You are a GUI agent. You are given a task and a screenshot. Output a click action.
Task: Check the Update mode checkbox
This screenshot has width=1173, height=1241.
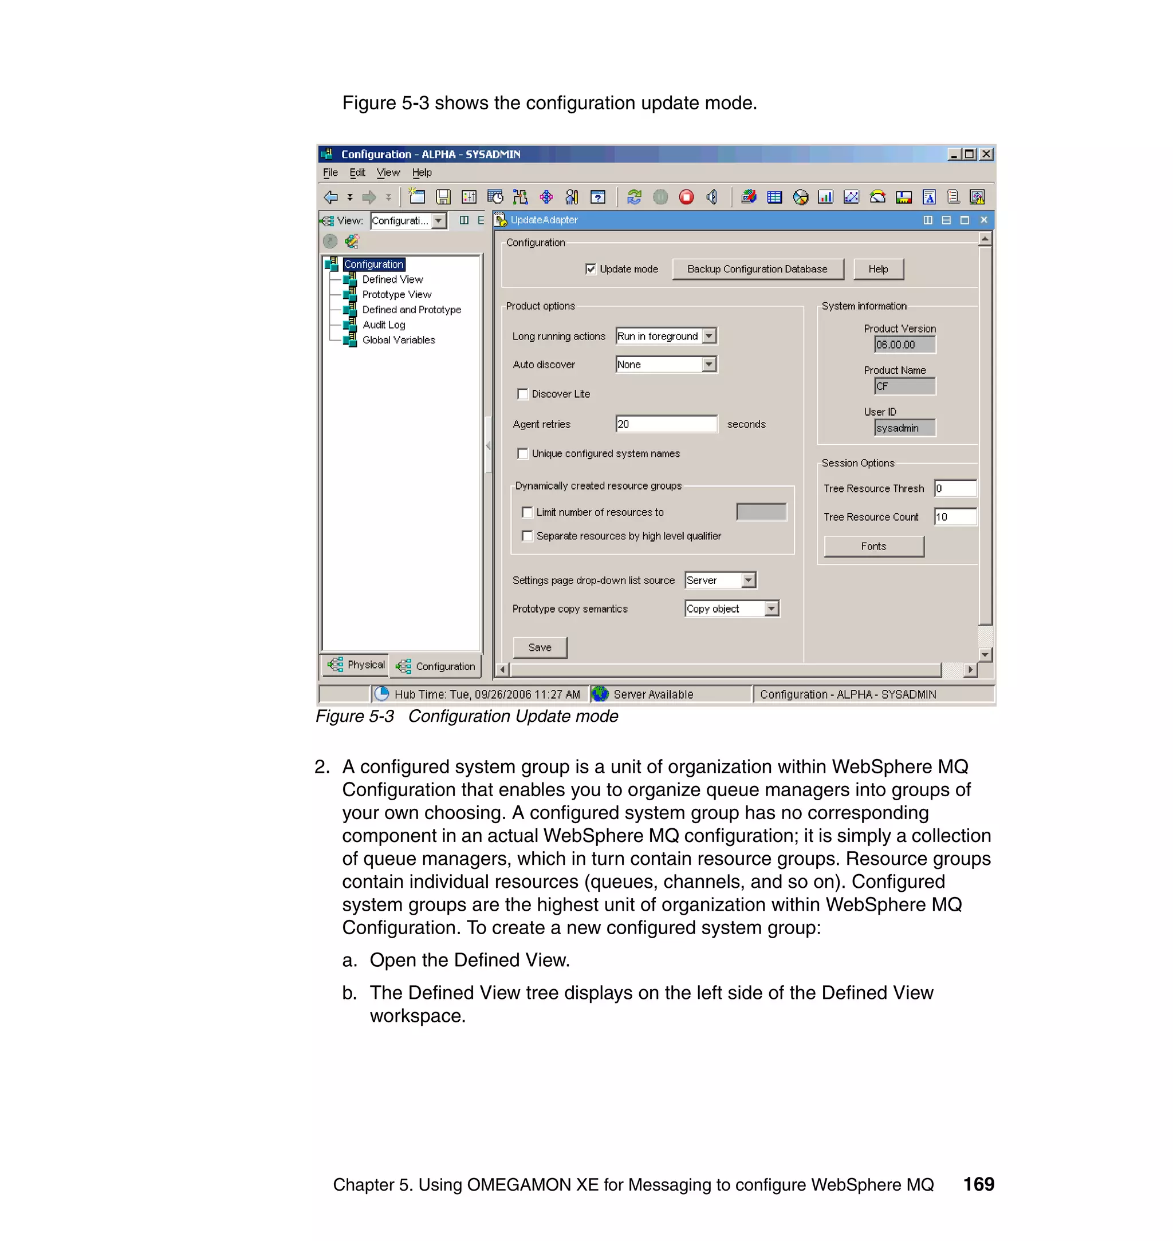591,268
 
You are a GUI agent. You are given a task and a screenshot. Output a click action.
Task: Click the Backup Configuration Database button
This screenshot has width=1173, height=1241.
757,268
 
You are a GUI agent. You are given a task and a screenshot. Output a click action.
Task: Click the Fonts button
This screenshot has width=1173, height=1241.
873,546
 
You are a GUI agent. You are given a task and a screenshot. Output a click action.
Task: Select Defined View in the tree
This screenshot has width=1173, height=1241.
392,279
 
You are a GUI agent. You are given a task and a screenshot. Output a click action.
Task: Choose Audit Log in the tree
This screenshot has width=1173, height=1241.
383,325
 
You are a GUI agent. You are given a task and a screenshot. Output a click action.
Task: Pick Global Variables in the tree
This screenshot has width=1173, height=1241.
398,340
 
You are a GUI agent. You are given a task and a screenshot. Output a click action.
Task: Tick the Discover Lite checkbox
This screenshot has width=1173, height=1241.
523,394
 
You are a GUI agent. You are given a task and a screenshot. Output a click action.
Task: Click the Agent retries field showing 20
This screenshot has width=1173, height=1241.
666,424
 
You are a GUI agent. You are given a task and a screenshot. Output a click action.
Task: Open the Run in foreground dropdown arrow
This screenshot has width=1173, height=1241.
708,336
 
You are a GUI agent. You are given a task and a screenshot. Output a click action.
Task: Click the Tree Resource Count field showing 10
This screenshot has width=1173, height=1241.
955,517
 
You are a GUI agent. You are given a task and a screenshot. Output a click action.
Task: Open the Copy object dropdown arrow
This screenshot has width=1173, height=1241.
771,608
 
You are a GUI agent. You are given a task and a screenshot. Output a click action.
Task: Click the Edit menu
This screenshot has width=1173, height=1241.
357,172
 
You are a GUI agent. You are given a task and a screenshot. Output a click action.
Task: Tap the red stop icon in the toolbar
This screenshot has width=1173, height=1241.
686,197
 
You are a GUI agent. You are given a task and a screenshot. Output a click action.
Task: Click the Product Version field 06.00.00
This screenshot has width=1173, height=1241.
904,345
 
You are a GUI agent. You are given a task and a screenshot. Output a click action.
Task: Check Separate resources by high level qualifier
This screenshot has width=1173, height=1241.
527,536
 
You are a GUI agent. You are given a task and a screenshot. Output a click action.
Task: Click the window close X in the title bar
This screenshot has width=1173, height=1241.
986,154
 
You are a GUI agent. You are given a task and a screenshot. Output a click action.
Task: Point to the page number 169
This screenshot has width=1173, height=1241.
978,1184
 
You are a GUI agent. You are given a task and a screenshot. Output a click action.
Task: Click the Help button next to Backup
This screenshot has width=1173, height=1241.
878,268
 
